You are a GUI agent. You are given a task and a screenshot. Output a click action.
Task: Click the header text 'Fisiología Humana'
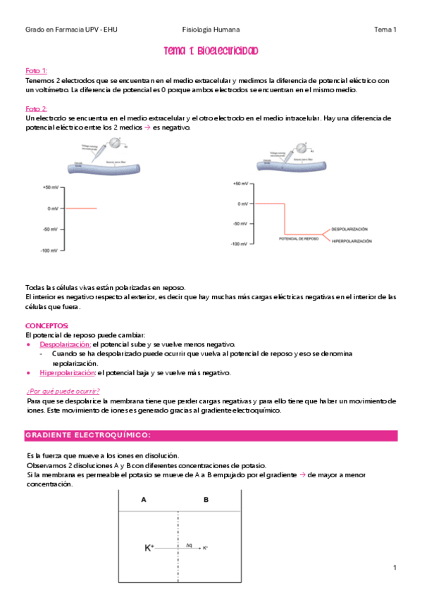[211, 30]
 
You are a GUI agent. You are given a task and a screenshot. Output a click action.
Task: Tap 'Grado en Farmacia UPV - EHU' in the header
[71, 30]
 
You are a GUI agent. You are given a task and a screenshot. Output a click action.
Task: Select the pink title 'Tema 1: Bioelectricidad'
[211, 51]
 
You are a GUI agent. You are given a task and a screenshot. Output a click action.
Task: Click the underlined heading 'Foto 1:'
[36, 71]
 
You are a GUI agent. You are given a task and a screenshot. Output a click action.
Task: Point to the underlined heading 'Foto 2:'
[36, 109]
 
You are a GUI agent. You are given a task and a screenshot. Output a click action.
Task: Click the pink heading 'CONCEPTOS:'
[46, 326]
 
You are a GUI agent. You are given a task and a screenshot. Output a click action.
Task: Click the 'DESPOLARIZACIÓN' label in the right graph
[349, 230]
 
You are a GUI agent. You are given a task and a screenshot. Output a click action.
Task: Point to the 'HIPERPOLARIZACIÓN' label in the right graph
[352, 241]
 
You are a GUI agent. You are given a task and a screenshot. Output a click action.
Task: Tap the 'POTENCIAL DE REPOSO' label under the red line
[299, 239]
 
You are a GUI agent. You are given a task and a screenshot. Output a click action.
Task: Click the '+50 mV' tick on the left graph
[51, 187]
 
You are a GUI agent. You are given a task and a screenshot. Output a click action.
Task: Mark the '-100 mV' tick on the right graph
[240, 244]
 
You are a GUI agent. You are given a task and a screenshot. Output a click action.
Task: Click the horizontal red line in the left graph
[80, 208]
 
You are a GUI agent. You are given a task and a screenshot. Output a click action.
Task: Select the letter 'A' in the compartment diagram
[144, 501]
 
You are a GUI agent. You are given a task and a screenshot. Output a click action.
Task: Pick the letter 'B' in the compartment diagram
[206, 501]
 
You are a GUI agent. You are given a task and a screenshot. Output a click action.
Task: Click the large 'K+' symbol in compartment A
[149, 547]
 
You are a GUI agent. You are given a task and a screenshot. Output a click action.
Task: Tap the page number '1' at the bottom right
[395, 567]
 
